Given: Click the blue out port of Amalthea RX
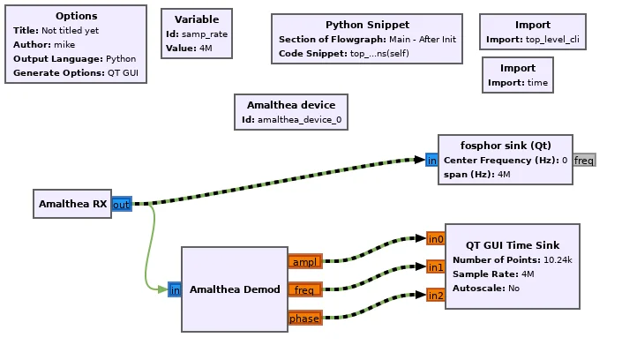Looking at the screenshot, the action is coord(122,204).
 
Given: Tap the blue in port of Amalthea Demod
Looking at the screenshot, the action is coord(175,289).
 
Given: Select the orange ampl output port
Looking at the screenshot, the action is coord(304,261).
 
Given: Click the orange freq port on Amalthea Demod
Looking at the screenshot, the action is coord(304,289).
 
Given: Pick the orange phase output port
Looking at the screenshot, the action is coord(304,318).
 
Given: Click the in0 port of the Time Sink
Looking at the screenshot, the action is coord(436,238).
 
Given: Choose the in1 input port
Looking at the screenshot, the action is coord(436,266).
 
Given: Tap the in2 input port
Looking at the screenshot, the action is coord(436,295).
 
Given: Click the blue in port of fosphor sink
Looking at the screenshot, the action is coord(431,160).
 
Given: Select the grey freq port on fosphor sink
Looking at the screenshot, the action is coord(584,160).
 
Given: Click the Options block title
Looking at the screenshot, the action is coord(76,16).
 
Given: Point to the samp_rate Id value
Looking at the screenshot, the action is coord(205,34).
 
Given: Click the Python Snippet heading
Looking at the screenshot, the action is coord(367,25).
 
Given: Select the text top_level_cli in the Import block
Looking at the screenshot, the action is coord(552,40).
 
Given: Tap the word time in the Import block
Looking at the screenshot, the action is coord(537,83).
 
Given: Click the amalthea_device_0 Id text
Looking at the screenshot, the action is coord(299,119).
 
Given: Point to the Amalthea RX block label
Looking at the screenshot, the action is coord(73,204).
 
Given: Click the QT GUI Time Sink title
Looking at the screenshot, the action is coord(513,245).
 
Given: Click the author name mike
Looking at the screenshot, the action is coord(64,44).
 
